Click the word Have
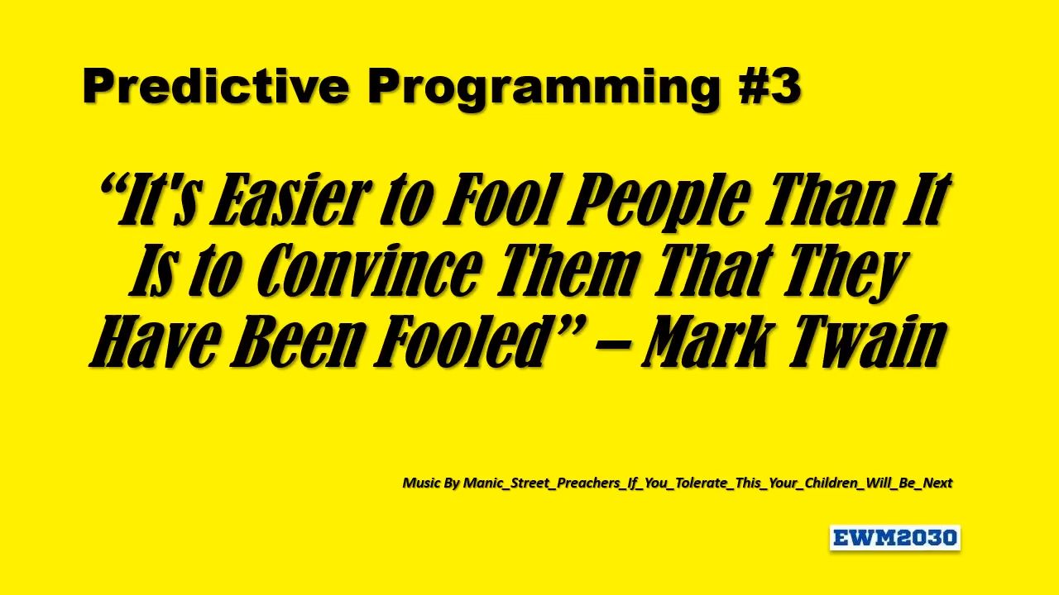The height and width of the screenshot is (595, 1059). click(154, 341)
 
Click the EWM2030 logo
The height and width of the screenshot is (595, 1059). click(894, 538)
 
